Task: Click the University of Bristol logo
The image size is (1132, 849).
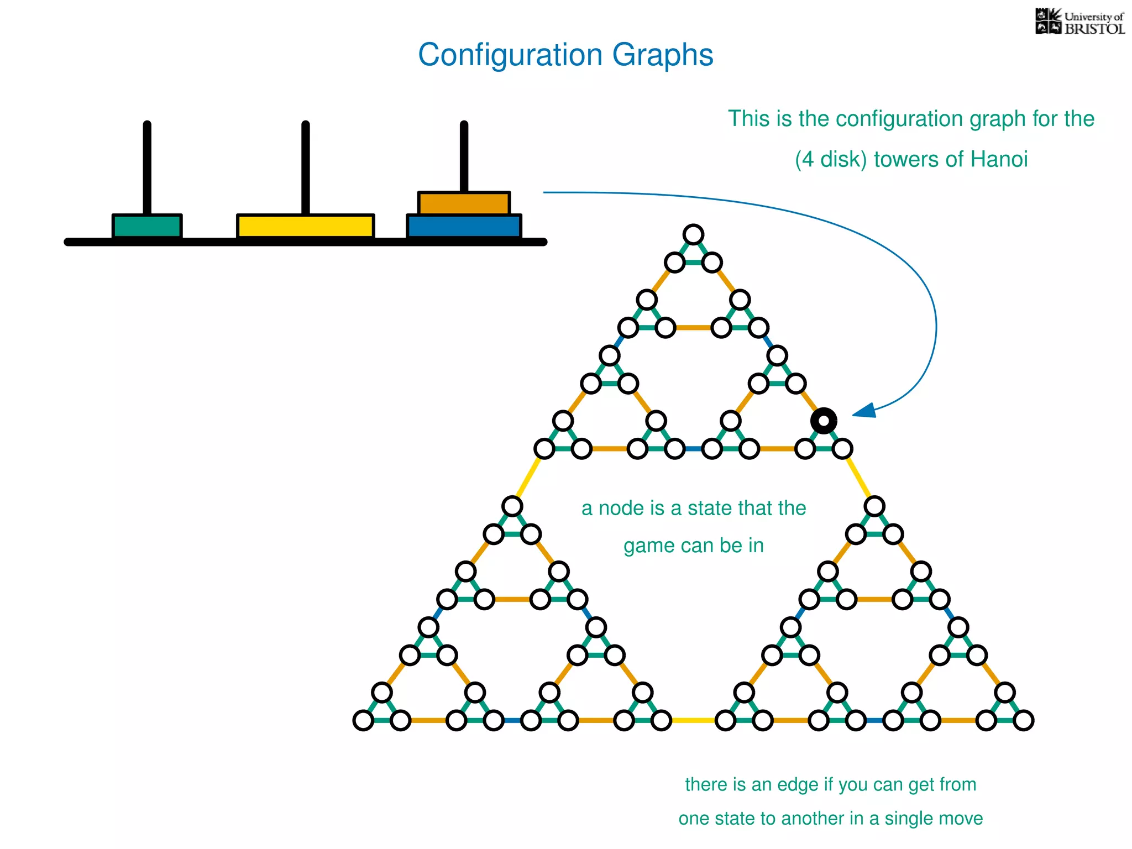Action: point(1079,23)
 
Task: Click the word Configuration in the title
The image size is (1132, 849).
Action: point(510,55)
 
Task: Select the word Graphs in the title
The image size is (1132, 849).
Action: point(662,55)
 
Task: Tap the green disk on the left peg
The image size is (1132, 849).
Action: point(147,226)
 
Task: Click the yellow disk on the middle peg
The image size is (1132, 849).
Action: point(306,226)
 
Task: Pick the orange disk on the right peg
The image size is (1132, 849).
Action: point(464,203)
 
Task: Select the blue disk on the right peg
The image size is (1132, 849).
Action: point(464,227)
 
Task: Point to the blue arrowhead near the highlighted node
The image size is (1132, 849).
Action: point(865,411)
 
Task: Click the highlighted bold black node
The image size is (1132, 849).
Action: point(824,421)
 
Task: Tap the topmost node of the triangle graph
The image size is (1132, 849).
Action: point(693,234)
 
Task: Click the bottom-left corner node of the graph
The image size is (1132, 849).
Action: point(363,720)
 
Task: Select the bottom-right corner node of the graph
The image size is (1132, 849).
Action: point(1024,720)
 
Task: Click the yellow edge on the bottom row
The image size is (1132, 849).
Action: point(693,720)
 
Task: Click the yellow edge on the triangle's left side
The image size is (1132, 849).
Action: point(528,478)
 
